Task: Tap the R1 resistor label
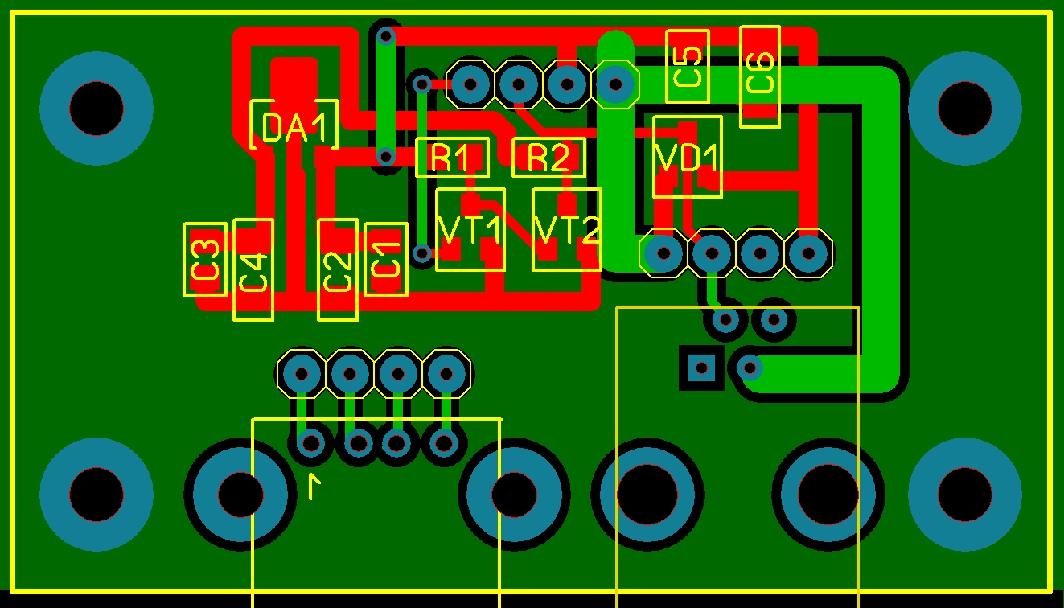tap(450, 157)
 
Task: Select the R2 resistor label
tap(548, 157)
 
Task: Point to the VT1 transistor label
tap(470, 230)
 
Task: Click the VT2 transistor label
tap(567, 230)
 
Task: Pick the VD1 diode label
tap(687, 157)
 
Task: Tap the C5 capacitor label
tap(688, 67)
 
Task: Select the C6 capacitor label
tap(760, 72)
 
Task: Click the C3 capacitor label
tap(205, 259)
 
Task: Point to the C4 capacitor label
tap(253, 272)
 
